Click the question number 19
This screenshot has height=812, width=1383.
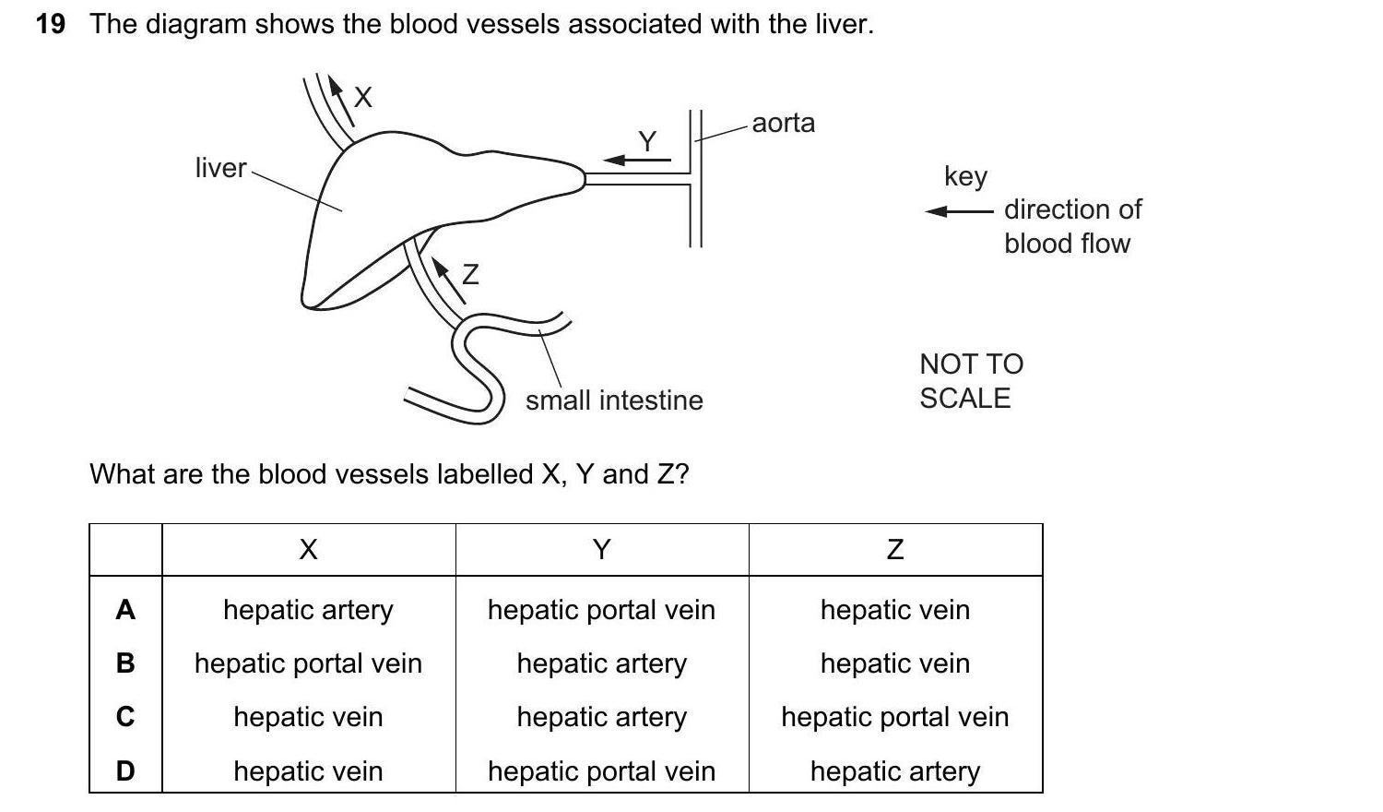coord(51,24)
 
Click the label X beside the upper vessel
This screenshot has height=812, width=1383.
coord(363,97)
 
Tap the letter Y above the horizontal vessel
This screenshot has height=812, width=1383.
coord(647,140)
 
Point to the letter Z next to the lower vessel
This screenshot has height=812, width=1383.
coord(470,274)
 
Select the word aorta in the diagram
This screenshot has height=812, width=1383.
coord(783,123)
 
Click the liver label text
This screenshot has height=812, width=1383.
coord(220,168)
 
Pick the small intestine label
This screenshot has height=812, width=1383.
coord(614,400)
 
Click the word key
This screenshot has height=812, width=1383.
coord(965,175)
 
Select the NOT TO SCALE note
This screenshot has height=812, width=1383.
coord(971,381)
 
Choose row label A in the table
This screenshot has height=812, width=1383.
coord(125,609)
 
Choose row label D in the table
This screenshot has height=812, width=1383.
coord(125,770)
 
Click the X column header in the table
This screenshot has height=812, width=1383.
coord(308,550)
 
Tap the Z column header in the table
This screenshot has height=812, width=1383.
coord(894,550)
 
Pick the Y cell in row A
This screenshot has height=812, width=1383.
coord(601,610)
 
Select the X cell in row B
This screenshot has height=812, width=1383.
coord(308,663)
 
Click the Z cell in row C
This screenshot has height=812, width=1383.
coord(894,717)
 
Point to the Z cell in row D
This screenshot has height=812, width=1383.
coord(894,770)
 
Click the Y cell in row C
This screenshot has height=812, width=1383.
coord(601,717)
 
